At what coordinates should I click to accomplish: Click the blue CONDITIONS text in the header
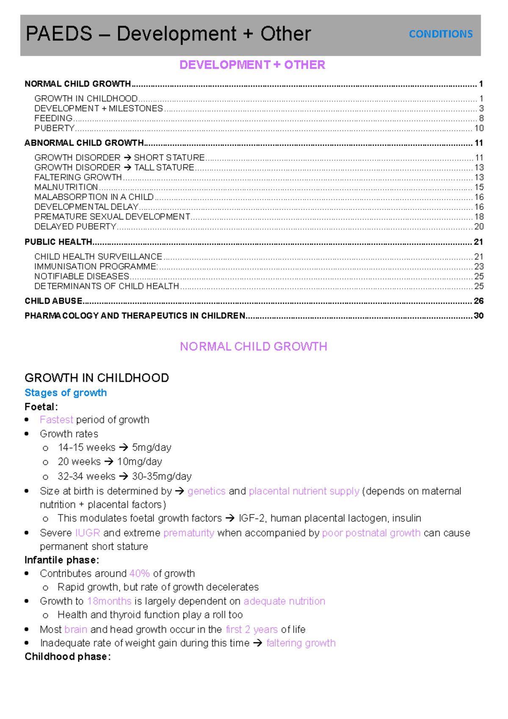(441, 34)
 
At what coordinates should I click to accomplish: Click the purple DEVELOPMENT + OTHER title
(252, 65)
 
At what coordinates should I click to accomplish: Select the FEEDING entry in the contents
(53, 118)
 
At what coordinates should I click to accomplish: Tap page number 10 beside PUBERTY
(479, 128)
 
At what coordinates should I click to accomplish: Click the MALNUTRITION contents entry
(66, 187)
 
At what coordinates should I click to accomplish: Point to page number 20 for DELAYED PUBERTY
(479, 227)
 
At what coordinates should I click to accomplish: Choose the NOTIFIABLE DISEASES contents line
(82, 276)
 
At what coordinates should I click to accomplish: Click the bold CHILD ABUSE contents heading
(53, 301)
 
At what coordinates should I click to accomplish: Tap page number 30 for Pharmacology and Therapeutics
(478, 315)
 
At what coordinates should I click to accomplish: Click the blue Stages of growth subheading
(66, 393)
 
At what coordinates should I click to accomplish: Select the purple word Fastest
(56, 420)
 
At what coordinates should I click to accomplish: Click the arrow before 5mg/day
(124, 448)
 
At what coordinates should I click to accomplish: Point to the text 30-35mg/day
(162, 476)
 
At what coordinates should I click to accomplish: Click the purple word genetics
(207, 491)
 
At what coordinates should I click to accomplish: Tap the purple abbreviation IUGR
(88, 533)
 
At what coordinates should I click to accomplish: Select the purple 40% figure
(140, 573)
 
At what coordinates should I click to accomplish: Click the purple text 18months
(109, 601)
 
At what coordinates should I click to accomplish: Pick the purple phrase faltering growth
(301, 643)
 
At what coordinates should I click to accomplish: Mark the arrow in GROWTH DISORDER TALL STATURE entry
(127, 168)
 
